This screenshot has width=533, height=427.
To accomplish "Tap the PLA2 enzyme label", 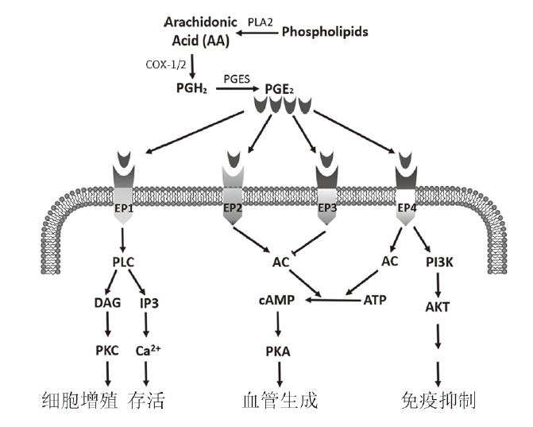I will click(261, 22).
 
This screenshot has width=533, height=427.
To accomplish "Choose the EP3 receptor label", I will click(327, 208).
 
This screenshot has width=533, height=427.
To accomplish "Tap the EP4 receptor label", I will click(405, 208).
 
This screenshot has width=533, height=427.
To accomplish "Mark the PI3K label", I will click(438, 261).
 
